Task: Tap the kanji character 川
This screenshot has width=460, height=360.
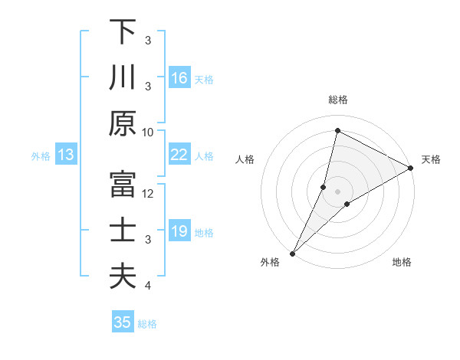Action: click(x=123, y=77)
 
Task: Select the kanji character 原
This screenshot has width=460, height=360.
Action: click(x=123, y=123)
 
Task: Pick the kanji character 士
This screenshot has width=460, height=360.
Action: click(x=123, y=231)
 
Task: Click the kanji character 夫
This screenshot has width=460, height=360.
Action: click(x=123, y=276)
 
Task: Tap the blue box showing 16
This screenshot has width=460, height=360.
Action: click(x=179, y=77)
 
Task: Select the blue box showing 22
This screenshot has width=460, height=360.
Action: click(x=179, y=155)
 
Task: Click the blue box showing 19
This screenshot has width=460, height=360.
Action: click(x=179, y=231)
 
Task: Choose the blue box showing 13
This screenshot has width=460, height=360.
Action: click(x=66, y=155)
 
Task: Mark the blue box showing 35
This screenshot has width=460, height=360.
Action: click(x=123, y=322)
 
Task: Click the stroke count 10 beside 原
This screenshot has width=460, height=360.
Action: click(x=148, y=132)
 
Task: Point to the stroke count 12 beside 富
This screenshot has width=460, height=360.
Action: click(x=148, y=193)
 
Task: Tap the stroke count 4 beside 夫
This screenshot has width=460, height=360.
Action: click(x=148, y=286)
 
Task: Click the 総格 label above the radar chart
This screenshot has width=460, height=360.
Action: click(x=337, y=100)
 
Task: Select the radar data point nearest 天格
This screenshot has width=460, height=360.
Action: click(x=411, y=168)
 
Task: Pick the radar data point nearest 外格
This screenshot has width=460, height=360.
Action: click(x=292, y=253)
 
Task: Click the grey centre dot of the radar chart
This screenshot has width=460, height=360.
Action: click(x=337, y=191)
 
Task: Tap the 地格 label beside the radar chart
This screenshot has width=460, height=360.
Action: click(x=402, y=263)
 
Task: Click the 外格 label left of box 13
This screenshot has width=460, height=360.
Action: click(x=41, y=155)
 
